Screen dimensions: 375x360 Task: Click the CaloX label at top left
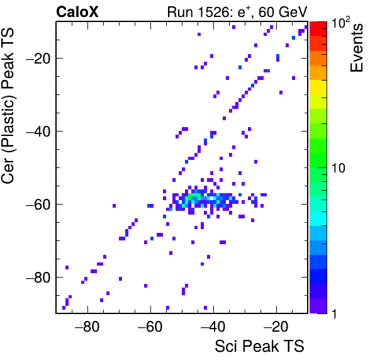point(77,12)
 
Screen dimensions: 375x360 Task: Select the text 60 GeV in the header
point(283,12)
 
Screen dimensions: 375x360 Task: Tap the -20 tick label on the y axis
point(38,58)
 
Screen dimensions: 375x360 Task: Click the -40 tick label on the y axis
point(38,131)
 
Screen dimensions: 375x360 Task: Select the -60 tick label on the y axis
point(38,205)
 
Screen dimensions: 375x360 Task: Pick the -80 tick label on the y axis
point(38,277)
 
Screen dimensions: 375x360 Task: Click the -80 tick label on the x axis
point(87,327)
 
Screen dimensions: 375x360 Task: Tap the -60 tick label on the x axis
point(150,327)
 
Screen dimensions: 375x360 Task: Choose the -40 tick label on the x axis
point(213,327)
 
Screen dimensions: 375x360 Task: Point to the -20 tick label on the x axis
point(276,327)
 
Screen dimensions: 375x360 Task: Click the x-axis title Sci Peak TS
point(259,346)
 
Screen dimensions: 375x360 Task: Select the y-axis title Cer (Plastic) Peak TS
point(8,106)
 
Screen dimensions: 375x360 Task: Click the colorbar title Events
point(356,48)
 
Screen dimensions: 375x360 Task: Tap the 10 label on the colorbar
point(339,168)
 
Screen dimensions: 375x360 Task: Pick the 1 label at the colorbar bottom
point(334,313)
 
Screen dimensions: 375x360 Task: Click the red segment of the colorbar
point(318,29)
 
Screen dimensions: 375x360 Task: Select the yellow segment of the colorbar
point(318,87)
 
